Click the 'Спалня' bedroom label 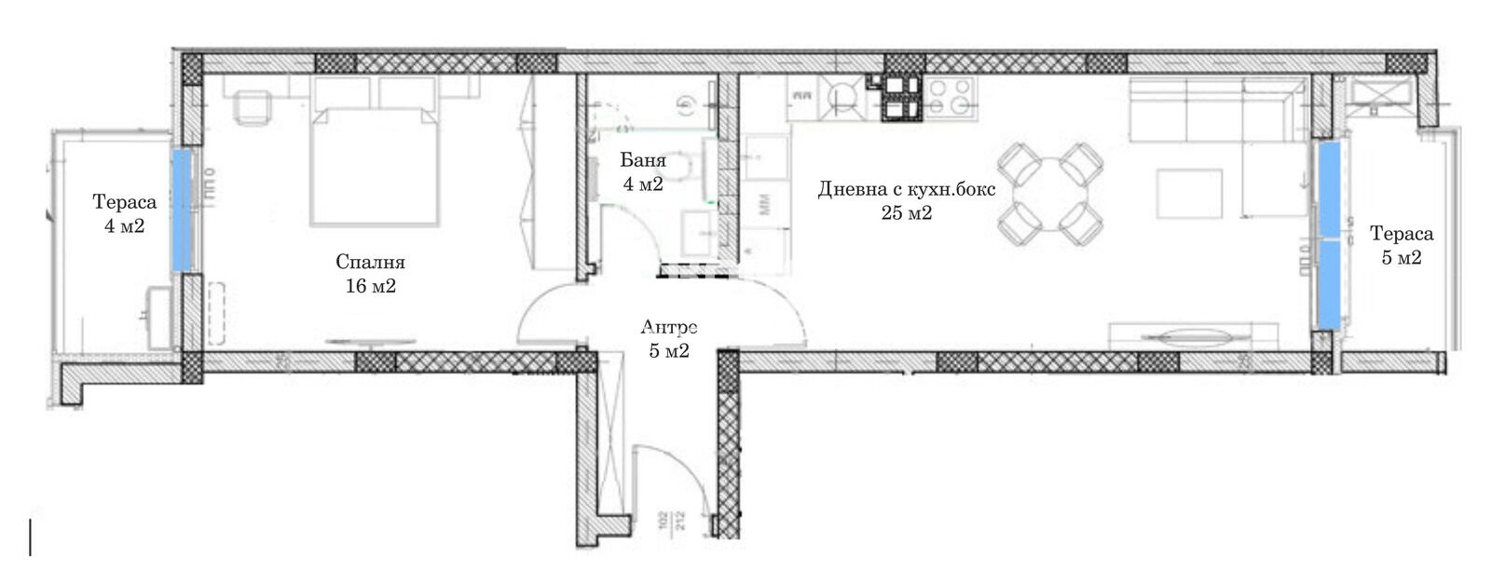[x=370, y=262]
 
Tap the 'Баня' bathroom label [x=643, y=160]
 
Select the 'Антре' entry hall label [x=669, y=327]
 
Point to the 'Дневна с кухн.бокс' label [x=907, y=189]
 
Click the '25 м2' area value [x=907, y=213]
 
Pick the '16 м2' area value [x=371, y=286]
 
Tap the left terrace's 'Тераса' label [x=125, y=202]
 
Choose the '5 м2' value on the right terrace [x=1402, y=258]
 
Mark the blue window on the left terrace [x=182, y=210]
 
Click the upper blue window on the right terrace [x=1329, y=187]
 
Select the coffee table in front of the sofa [x=1189, y=194]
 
